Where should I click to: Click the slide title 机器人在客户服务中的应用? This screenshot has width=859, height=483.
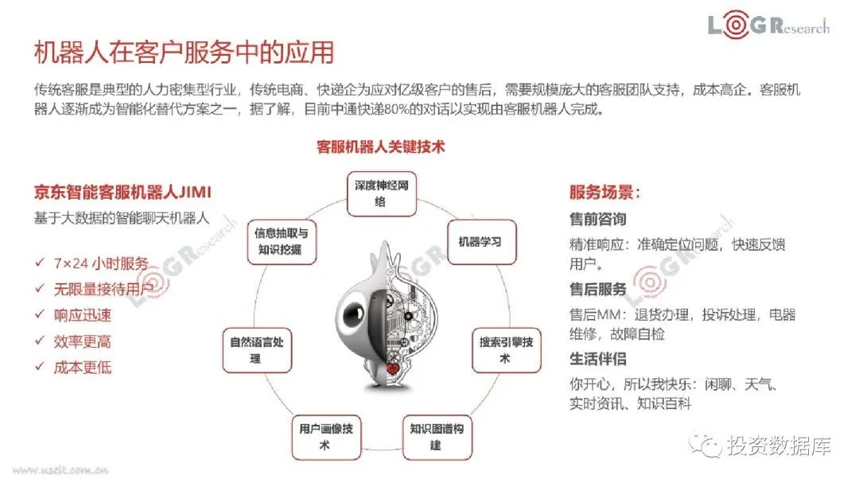click(183, 52)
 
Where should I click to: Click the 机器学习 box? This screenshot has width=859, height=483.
click(480, 240)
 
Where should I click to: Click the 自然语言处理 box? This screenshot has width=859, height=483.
click(256, 350)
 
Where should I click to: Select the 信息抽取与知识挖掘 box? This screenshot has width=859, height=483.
click(280, 241)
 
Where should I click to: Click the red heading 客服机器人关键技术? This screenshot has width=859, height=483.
click(381, 147)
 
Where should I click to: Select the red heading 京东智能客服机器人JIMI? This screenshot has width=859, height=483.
click(123, 193)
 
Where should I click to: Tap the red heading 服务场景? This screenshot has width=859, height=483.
click(605, 193)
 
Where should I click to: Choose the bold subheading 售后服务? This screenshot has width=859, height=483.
click(598, 289)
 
